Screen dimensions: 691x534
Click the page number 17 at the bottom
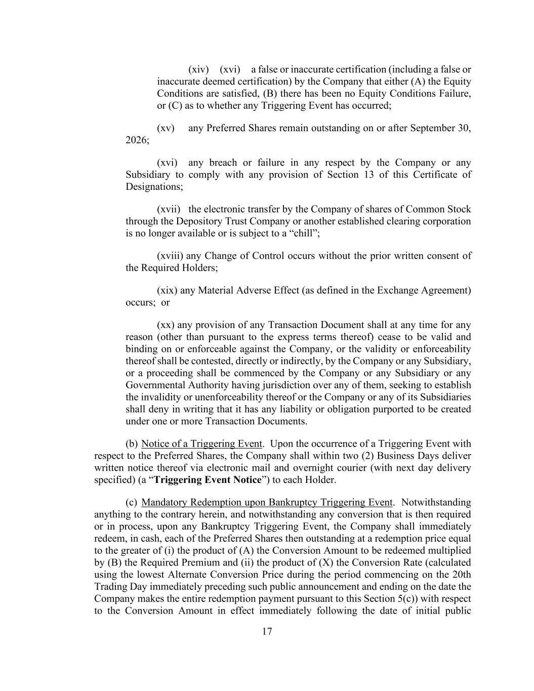tap(267, 631)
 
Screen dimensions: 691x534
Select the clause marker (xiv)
tap(198, 69)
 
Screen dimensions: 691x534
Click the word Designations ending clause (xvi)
tap(154, 187)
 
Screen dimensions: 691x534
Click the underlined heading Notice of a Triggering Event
tap(201, 444)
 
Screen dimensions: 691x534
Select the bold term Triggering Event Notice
tap(208, 480)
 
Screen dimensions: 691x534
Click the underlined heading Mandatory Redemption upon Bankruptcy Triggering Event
tap(266, 502)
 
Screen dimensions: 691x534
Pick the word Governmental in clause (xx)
tap(155, 385)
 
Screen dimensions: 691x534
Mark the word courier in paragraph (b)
tap(326, 468)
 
